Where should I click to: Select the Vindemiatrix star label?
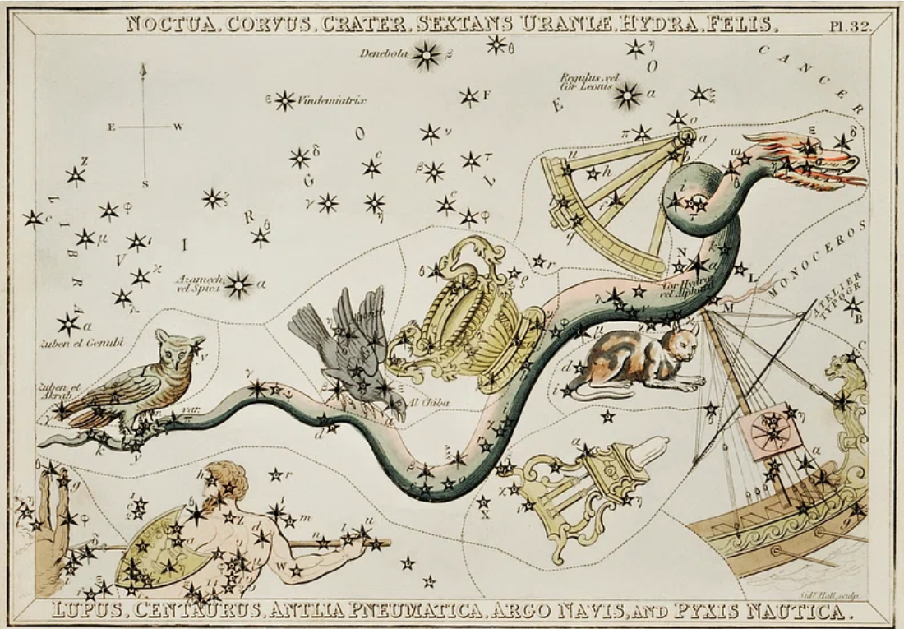pos(331,100)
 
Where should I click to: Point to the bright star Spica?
pos(238,284)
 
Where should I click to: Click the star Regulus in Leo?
pos(629,96)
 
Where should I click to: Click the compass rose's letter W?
pos(178,127)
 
